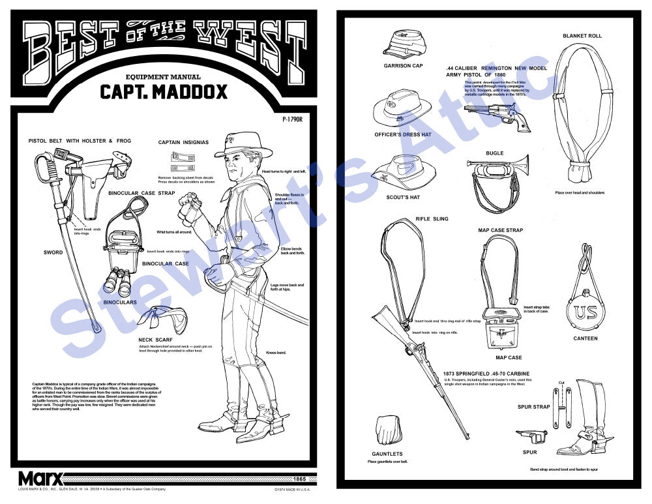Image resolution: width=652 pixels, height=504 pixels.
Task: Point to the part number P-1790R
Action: click(x=295, y=119)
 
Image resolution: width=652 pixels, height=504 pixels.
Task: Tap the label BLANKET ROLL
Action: click(x=582, y=36)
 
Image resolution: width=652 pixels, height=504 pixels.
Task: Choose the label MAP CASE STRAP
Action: click(x=501, y=230)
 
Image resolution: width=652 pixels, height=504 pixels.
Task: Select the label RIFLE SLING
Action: click(x=432, y=219)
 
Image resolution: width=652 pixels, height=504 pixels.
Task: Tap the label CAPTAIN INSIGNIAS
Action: click(x=183, y=142)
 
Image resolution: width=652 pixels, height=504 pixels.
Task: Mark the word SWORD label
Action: click(x=53, y=252)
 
